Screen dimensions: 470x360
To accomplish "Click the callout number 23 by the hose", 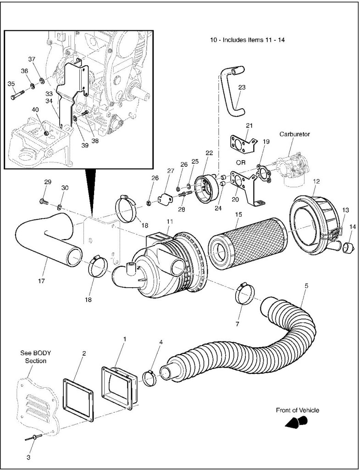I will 242,87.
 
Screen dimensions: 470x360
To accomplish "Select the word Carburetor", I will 294,134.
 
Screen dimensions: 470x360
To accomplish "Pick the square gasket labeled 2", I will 78,394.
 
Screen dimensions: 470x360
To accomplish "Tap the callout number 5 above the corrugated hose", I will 306,285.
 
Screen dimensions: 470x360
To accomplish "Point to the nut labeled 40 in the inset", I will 47,133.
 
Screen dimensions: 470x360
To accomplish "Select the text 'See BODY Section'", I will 35,357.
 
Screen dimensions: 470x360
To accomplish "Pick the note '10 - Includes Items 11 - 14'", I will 247,40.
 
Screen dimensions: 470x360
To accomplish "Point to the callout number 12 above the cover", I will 316,181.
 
